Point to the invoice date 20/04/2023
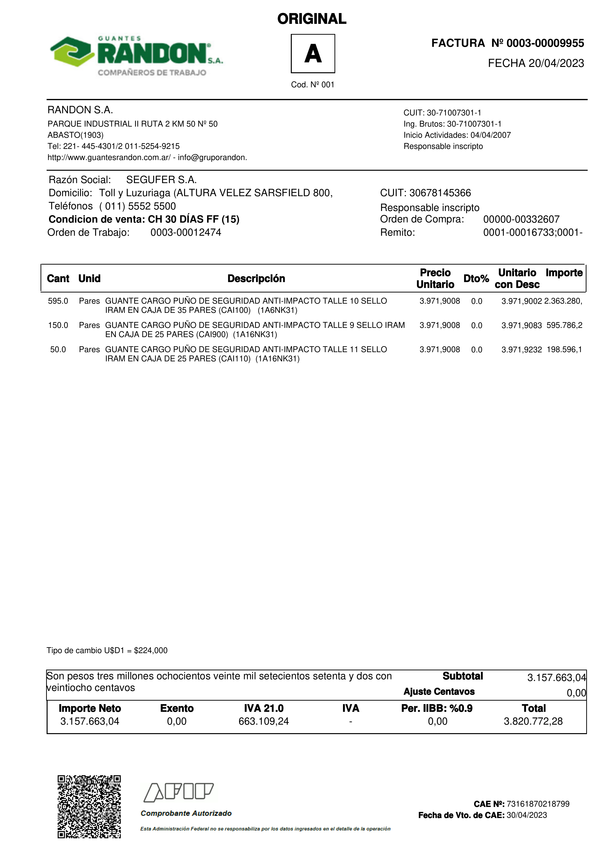point(556,63)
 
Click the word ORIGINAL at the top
point(312,19)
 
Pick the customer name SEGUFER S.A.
point(161,180)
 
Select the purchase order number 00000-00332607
point(521,219)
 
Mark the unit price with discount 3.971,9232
point(521,349)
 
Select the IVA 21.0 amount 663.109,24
point(263,721)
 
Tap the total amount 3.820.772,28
point(533,721)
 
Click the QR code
point(89,806)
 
